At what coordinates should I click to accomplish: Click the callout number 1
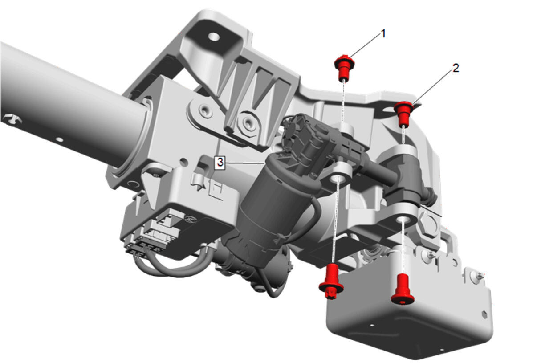383,34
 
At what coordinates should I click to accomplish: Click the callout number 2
456,68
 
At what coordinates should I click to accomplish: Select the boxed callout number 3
220,163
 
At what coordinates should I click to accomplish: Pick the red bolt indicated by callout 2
403,113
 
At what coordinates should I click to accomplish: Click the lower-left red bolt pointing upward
331,281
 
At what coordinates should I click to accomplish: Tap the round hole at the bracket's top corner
214,37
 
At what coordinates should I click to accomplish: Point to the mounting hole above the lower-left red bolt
336,179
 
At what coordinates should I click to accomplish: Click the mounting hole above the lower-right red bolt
403,220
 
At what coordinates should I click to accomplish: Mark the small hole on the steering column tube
59,140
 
